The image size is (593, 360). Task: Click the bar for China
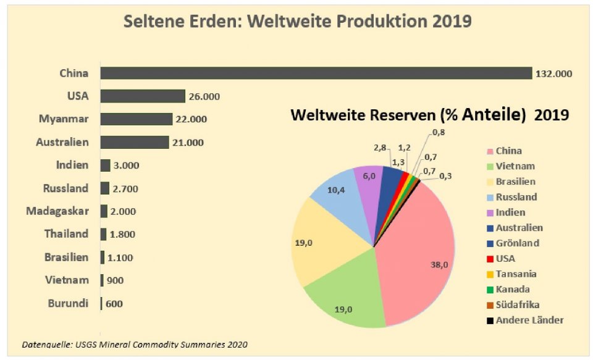[x=316, y=73]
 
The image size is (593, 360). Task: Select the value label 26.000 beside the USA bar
[x=203, y=96]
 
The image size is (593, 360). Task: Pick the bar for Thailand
[x=103, y=234]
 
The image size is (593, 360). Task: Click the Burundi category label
[x=68, y=303]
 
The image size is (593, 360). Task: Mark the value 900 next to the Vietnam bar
[x=115, y=280]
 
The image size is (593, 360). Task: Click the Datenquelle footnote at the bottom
[x=135, y=344]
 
